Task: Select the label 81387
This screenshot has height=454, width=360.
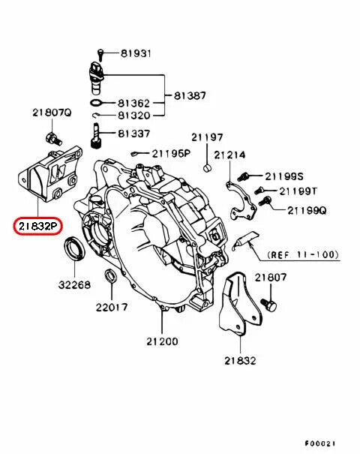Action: [x=190, y=96]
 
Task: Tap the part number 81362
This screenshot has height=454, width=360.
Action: [x=133, y=102]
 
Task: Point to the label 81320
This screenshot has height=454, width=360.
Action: [x=133, y=116]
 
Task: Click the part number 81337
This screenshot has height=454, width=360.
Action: [x=133, y=134]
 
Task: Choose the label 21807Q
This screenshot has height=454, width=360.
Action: [x=50, y=113]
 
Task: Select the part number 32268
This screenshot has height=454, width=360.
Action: [x=74, y=285]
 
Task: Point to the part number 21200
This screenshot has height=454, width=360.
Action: [x=161, y=341]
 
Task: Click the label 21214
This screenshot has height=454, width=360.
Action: [x=229, y=155]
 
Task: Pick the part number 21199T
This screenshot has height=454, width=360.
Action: [x=298, y=191]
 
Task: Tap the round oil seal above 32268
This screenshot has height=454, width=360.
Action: [x=74, y=247]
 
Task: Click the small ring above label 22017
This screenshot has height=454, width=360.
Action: [x=109, y=275]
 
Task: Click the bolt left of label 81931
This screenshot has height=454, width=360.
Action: [x=100, y=54]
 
